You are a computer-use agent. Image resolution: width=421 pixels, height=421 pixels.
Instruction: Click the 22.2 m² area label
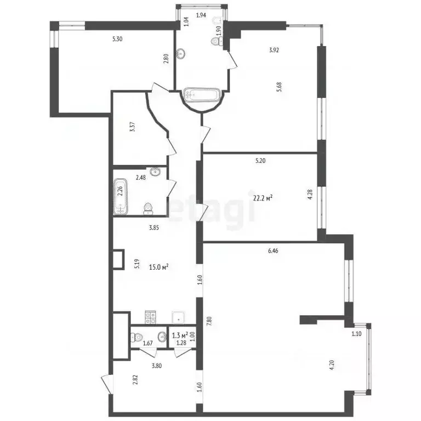[x=261, y=198]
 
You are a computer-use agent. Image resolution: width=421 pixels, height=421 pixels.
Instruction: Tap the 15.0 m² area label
[x=158, y=267]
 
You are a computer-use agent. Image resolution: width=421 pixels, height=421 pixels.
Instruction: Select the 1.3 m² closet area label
[x=180, y=335]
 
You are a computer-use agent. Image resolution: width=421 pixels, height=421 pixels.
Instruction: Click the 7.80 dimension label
[x=208, y=321]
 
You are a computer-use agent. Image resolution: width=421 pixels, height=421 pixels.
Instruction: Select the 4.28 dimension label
[x=310, y=195]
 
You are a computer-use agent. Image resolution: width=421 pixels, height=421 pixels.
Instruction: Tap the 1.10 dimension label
[x=357, y=333]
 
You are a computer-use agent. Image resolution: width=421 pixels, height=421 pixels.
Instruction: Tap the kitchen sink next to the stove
[x=178, y=316]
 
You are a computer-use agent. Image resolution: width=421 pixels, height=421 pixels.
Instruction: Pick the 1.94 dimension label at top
[x=201, y=15]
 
